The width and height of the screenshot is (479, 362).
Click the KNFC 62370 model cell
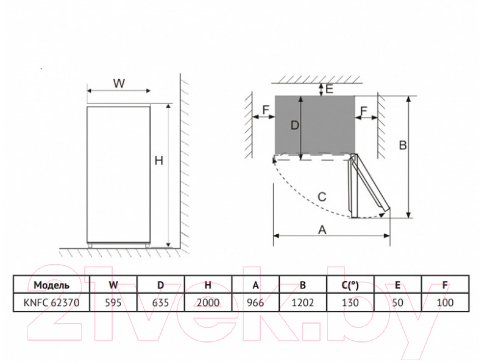coord(51,302)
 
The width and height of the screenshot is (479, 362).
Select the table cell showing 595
coord(113,302)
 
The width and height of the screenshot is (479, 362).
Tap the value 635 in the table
coord(160,302)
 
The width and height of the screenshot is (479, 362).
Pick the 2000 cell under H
coord(208,302)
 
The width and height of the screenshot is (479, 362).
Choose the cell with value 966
coord(255,302)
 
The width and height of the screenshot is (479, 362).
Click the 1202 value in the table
coord(303,302)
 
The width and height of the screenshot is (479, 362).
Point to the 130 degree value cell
coord(350,302)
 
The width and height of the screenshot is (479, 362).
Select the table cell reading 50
coord(397,302)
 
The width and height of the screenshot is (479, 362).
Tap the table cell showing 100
coord(445,302)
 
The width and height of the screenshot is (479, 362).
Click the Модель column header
coord(51,285)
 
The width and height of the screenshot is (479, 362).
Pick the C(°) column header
coord(350,285)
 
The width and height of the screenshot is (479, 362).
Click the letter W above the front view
coord(119,83)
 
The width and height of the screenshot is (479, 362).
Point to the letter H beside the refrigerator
coord(159,161)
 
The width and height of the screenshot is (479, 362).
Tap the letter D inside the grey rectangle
coord(295,125)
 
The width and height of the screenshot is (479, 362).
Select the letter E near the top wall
coord(329,89)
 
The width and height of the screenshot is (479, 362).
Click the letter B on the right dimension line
coord(403,145)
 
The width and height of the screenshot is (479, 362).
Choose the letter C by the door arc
coord(322,197)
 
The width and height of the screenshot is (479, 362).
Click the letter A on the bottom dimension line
coord(322,230)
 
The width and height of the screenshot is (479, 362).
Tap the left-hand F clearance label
coord(266,110)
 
